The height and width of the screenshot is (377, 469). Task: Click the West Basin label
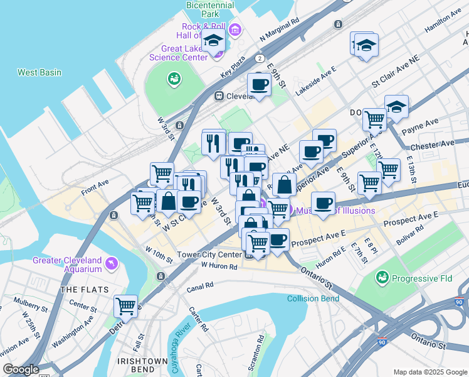(x=39, y=72)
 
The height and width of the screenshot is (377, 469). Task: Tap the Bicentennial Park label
(x=210, y=9)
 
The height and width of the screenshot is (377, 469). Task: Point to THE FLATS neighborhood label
(x=84, y=290)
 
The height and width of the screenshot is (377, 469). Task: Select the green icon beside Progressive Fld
(x=381, y=276)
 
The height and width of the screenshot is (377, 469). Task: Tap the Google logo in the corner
(x=21, y=369)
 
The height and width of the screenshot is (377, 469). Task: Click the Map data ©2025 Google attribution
(x=429, y=371)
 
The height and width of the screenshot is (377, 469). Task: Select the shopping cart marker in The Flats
(x=126, y=307)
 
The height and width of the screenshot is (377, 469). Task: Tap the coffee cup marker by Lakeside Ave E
(x=258, y=85)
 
